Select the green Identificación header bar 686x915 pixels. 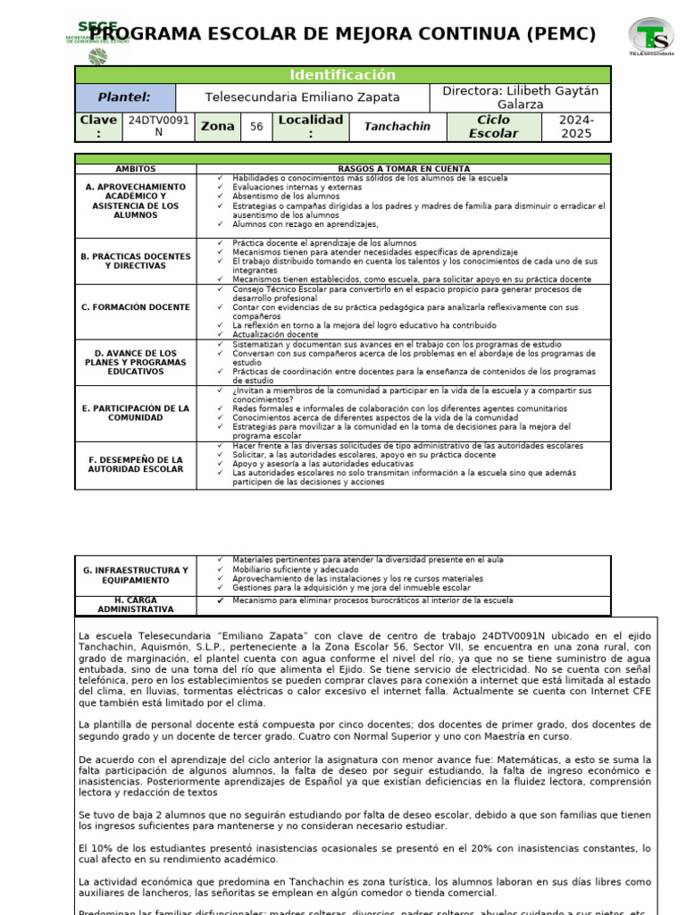coord(343,75)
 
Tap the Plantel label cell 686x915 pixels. coord(124,97)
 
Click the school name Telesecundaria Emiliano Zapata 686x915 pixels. coord(303,97)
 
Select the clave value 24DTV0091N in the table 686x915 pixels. coord(158,126)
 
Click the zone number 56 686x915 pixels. coord(256,127)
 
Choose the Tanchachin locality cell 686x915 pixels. coord(397,127)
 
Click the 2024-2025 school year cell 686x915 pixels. coord(576,126)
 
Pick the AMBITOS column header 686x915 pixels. coord(135,169)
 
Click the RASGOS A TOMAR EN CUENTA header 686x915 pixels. coord(404,169)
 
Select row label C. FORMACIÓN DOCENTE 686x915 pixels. coord(135,307)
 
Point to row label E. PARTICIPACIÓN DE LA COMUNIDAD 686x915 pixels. coord(135,413)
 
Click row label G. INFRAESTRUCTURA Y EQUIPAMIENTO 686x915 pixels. coord(135,575)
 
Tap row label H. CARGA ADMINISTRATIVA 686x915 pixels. coord(135,604)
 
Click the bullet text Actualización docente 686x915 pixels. coord(269,335)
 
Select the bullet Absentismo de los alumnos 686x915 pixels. coord(280,197)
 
